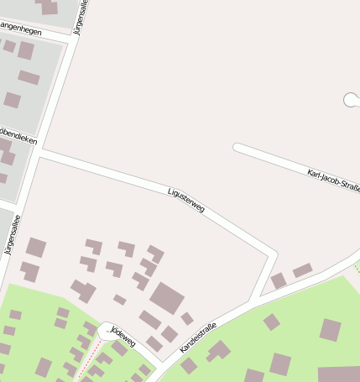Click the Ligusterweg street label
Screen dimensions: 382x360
(x=186, y=202)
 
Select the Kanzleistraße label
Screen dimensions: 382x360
(x=198, y=337)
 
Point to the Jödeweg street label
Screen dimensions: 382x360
(x=123, y=338)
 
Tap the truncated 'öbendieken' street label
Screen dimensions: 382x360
(x=18, y=136)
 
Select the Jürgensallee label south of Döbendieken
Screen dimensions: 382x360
(x=12, y=234)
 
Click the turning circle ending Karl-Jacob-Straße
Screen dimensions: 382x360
(x=350, y=100)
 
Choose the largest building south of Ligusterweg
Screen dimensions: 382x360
(x=167, y=298)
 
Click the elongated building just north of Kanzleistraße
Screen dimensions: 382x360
(x=302, y=270)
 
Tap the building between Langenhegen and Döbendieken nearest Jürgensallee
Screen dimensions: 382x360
(x=29, y=78)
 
